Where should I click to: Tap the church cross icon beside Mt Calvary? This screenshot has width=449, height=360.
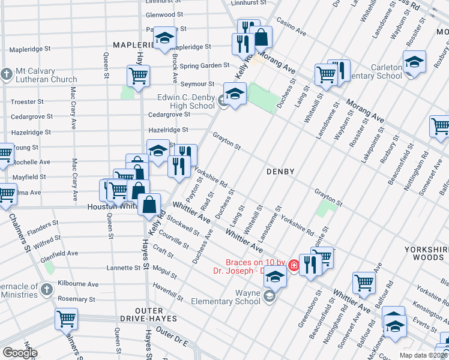tap(6, 74)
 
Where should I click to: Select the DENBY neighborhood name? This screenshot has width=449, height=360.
tap(280, 172)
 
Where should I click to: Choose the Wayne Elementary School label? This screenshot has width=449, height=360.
tap(231, 298)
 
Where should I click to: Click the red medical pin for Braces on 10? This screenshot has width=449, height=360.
tap(294, 265)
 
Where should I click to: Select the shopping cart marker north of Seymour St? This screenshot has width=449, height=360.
tap(138, 76)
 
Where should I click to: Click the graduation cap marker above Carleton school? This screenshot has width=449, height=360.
tap(414, 63)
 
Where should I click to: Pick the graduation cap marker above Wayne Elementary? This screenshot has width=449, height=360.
tap(274, 277)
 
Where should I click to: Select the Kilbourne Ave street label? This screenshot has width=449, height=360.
tap(75, 281)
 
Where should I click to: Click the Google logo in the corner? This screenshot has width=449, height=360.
tap(20, 352)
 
